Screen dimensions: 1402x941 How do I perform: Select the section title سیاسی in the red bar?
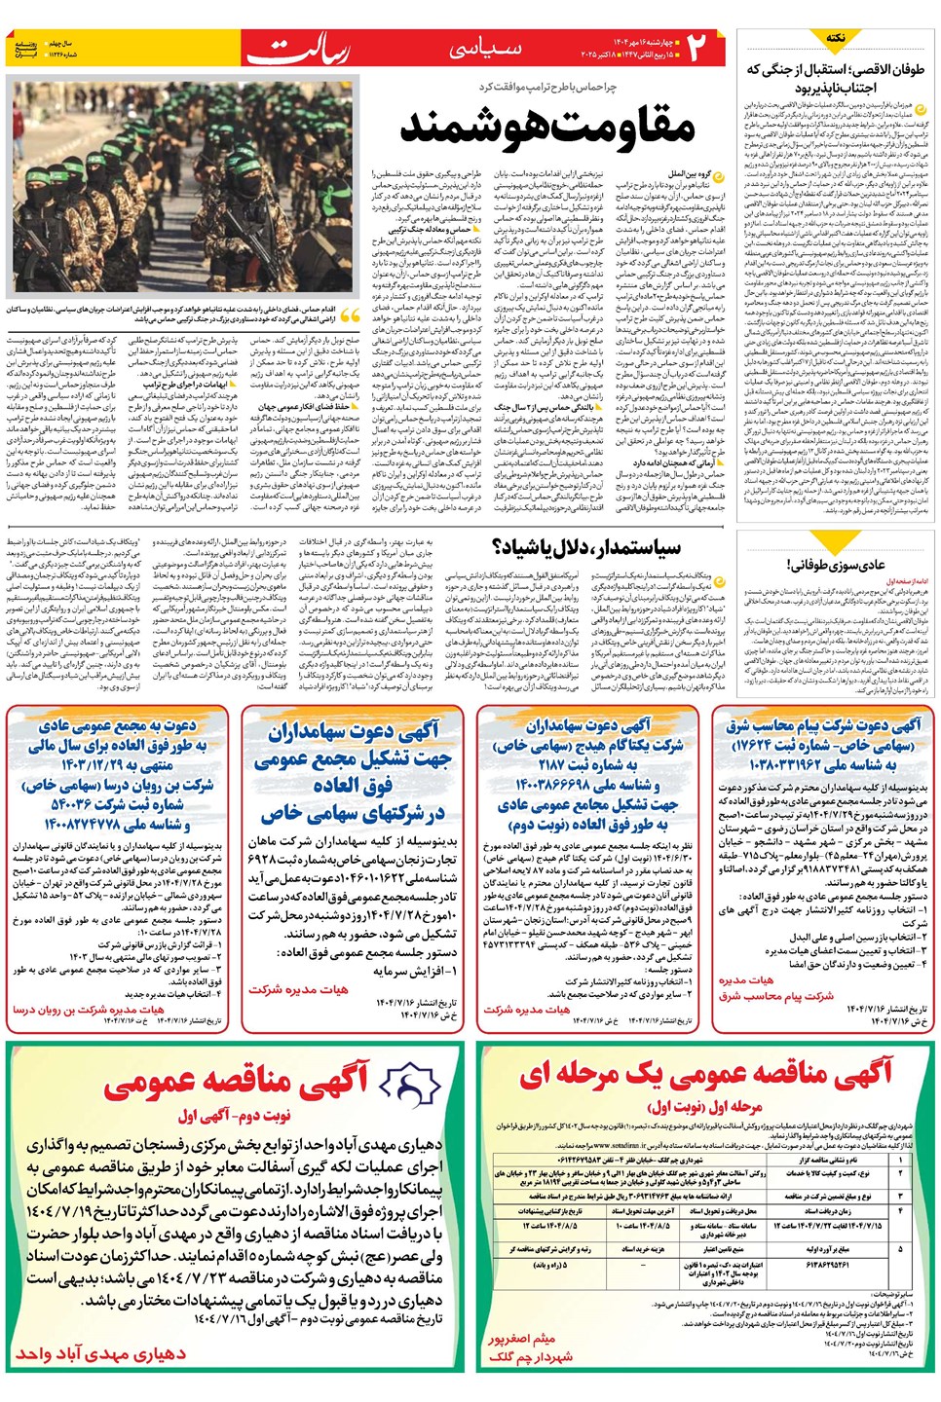pos(484,48)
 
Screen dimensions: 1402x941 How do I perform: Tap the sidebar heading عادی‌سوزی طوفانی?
pos(836,564)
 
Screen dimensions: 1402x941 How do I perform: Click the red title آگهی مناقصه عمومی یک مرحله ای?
pos(706,1075)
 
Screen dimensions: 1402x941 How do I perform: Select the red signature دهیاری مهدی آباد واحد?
pos(100,1353)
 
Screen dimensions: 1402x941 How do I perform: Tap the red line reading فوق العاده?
pos(353,785)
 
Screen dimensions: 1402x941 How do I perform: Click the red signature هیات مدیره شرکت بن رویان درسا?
pos(88,1011)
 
